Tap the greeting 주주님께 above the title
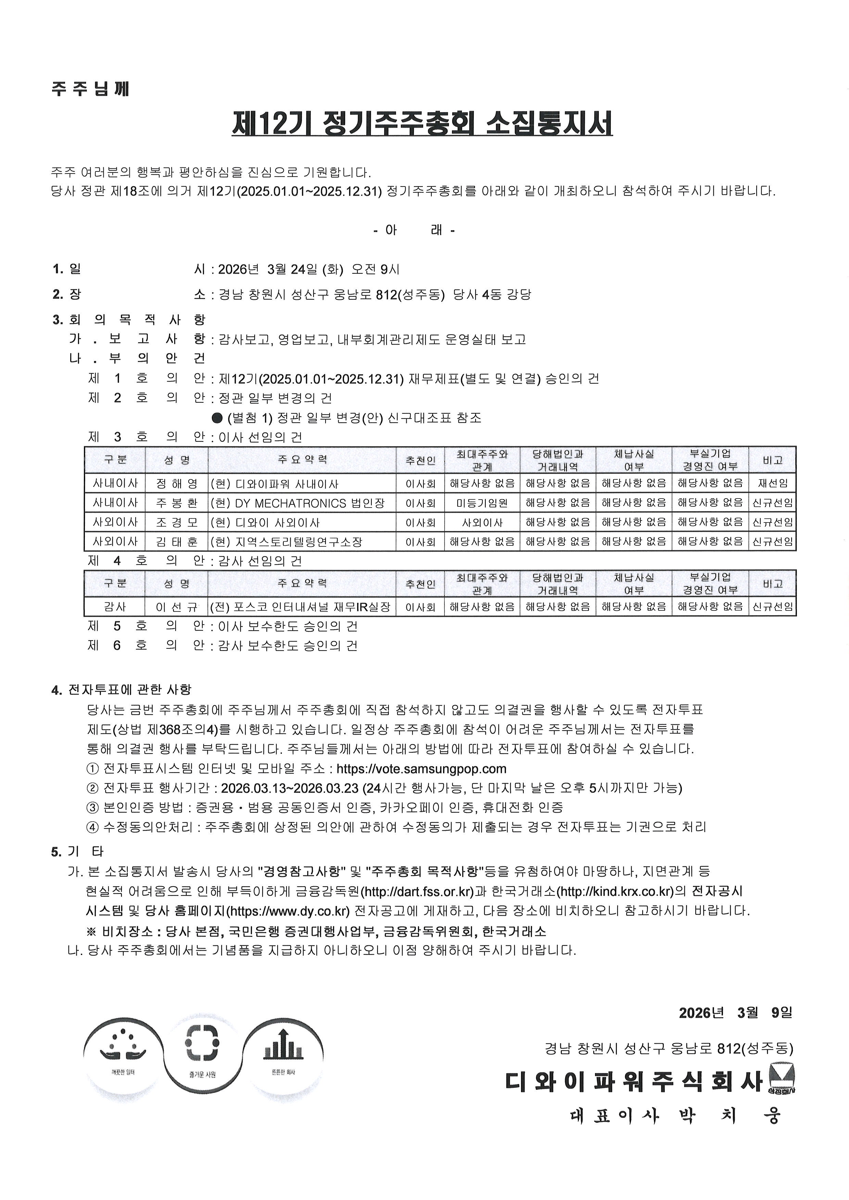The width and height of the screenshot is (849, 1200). pyautogui.click(x=90, y=89)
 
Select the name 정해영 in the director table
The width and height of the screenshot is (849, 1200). pyautogui.click(x=177, y=484)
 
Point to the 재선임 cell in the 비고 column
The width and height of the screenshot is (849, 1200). pyautogui.click(x=772, y=484)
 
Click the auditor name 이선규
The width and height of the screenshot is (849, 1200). pyautogui.click(x=177, y=607)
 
